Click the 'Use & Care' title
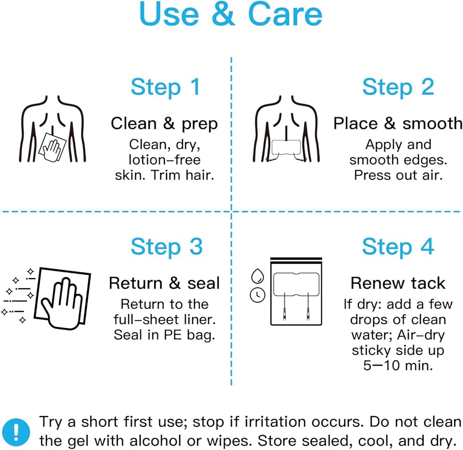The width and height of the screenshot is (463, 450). coord(231,14)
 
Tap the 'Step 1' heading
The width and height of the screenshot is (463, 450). coord(165,87)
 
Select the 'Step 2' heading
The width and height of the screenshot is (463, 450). coord(398,87)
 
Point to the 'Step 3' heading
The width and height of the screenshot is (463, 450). coord(167,247)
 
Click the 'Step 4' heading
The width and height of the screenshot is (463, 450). coord(398,247)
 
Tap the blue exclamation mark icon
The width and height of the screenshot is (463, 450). coord(16,432)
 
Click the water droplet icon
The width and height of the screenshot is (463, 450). coord(257,276)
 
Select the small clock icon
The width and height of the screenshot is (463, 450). coord(257,295)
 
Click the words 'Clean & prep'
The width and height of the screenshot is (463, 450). coord(164,124)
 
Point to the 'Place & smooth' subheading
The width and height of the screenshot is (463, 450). coord(398,123)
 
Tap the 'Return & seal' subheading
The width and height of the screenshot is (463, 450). coord(164,283)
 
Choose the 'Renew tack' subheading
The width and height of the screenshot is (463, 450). coord(398,283)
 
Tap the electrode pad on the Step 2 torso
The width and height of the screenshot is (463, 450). coord(286,147)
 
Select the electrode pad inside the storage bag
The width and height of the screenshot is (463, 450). coord(296,284)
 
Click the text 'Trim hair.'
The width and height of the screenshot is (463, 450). coord(182,175)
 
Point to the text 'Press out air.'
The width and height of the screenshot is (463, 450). coord(398,175)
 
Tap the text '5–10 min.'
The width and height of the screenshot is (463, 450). coord(398,366)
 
